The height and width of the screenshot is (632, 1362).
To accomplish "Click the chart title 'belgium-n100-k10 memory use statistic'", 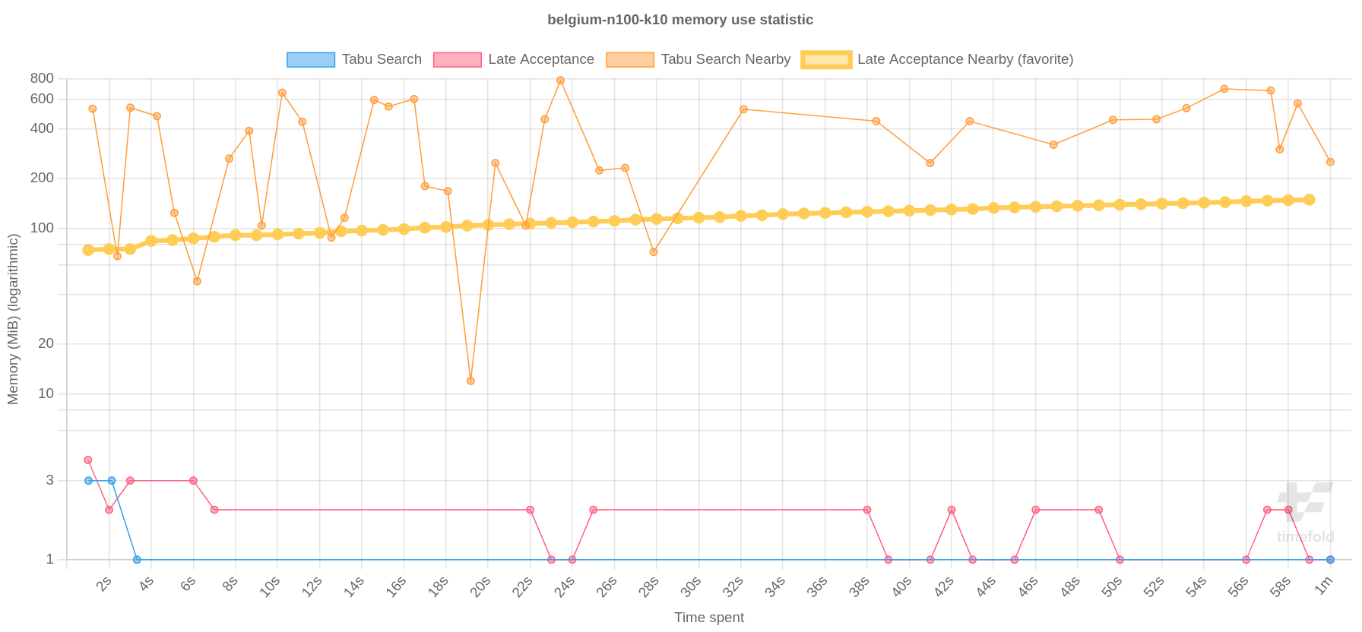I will [679, 20].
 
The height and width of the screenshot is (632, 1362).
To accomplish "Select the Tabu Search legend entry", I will [353, 59].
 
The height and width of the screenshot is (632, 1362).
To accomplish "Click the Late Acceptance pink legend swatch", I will [457, 60].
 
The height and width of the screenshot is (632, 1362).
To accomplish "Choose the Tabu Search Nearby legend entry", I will [698, 59].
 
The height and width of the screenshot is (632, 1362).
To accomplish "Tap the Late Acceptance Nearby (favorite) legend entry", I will [937, 59].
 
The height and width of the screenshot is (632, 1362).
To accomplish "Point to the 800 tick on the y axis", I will [43, 78].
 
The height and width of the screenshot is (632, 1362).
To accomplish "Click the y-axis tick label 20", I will [46, 343].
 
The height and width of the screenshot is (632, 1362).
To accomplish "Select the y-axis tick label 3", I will [50, 480].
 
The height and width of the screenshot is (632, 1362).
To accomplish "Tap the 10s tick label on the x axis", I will [270, 586].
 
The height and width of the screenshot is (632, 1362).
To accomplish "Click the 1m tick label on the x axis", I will [1323, 586].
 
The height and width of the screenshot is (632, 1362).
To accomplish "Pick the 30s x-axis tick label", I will [690, 586].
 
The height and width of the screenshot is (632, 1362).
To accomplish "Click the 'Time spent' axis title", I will [708, 618].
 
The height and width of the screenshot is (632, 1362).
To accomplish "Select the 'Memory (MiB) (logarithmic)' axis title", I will [13, 319].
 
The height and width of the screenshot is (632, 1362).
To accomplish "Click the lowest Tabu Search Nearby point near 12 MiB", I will [470, 381].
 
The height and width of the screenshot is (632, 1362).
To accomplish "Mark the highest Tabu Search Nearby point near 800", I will [560, 81].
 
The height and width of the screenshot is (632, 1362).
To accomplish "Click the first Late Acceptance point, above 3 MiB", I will [88, 460].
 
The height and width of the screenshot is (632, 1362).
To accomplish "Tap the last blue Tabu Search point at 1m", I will [1330, 560].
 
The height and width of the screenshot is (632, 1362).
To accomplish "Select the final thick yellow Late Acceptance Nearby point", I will [1309, 200].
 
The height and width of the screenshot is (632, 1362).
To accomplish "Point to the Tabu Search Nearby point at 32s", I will [743, 109].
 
